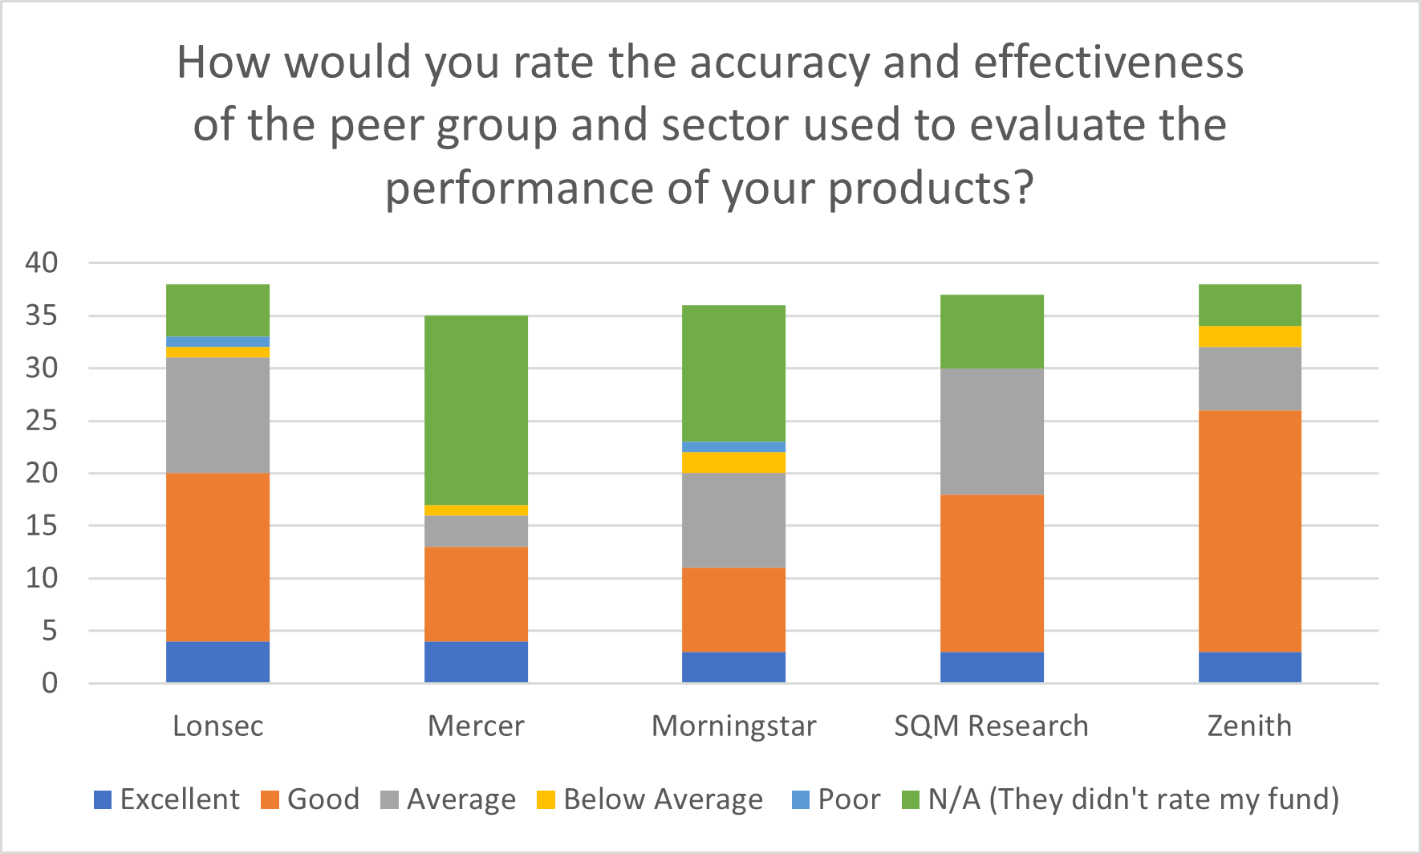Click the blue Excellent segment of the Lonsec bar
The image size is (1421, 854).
click(217, 662)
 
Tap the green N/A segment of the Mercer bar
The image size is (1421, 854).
click(476, 410)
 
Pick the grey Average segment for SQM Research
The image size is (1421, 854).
click(992, 432)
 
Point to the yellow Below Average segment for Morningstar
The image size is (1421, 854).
click(733, 463)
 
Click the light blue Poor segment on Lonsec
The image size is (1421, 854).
click(217, 342)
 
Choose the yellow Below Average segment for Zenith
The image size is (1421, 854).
click(1249, 336)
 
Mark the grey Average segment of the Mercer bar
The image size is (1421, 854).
click(476, 531)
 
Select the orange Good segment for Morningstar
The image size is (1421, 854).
click(733, 610)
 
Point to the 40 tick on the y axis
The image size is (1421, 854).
click(42, 262)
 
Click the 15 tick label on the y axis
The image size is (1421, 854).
click(42, 526)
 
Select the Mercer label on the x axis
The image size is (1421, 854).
click(476, 726)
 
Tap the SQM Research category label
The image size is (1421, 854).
click(992, 726)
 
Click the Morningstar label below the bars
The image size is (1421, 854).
click(733, 726)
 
